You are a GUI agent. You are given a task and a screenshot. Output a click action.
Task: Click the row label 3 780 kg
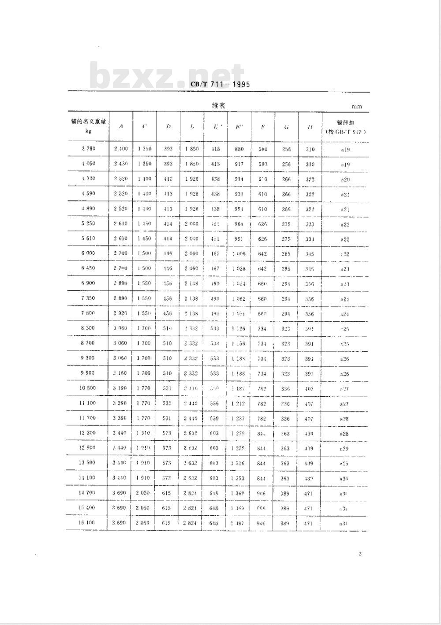click(88, 149)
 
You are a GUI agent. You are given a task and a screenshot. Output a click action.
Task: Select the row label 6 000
click(88, 253)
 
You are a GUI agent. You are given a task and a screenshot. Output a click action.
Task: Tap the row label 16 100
click(87, 523)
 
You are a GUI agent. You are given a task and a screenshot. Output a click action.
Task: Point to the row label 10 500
click(87, 388)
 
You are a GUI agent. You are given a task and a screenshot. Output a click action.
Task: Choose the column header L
click(192, 126)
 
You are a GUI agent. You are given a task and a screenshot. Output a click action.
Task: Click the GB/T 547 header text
click(346, 132)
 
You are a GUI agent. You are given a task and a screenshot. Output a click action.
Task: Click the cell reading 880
click(239, 149)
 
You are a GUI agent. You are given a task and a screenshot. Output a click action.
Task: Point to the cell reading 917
click(239, 164)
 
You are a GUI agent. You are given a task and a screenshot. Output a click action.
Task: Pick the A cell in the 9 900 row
click(120, 373)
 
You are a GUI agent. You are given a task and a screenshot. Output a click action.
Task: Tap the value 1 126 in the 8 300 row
click(239, 328)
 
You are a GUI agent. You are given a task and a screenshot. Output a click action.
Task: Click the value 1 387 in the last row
click(239, 523)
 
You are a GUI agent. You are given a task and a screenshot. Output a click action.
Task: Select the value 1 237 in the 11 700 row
click(239, 418)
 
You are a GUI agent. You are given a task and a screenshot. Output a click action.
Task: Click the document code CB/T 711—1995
click(220, 85)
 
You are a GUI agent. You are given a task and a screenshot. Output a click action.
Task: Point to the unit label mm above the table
click(356, 107)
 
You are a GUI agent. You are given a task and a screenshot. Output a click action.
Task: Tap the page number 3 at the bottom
click(360, 554)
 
